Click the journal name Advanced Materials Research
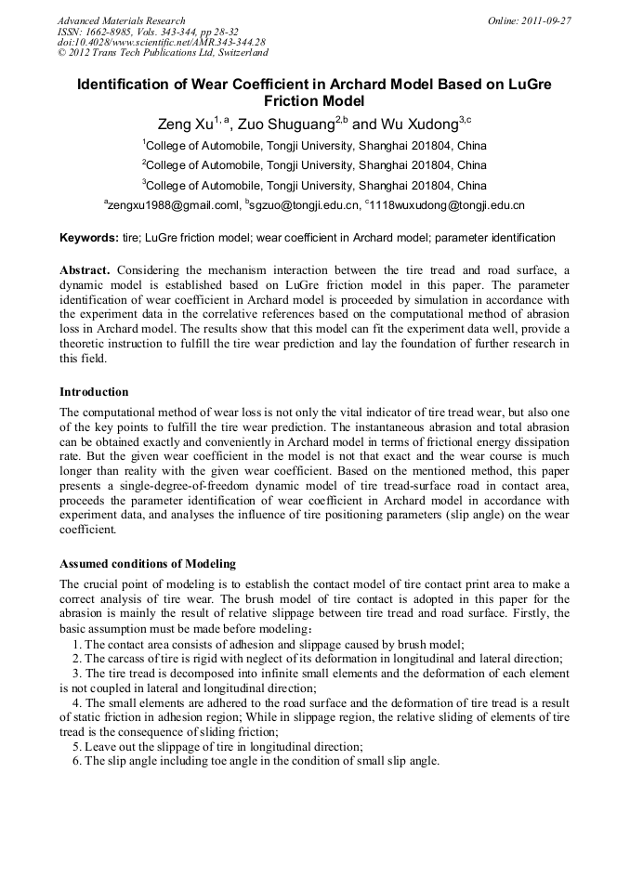pos(121,20)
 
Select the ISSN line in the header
pos(148,31)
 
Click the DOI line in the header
pos(161,42)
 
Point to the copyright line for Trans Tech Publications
pos(163,52)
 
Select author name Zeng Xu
pos(185,124)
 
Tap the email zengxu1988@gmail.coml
pos(172,204)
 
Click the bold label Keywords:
pos(89,238)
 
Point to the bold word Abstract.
pos(85,269)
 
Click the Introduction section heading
pos(94,391)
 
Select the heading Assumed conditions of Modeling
pos(147,563)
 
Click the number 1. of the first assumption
pos(78,644)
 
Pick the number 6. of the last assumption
pos(78,760)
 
